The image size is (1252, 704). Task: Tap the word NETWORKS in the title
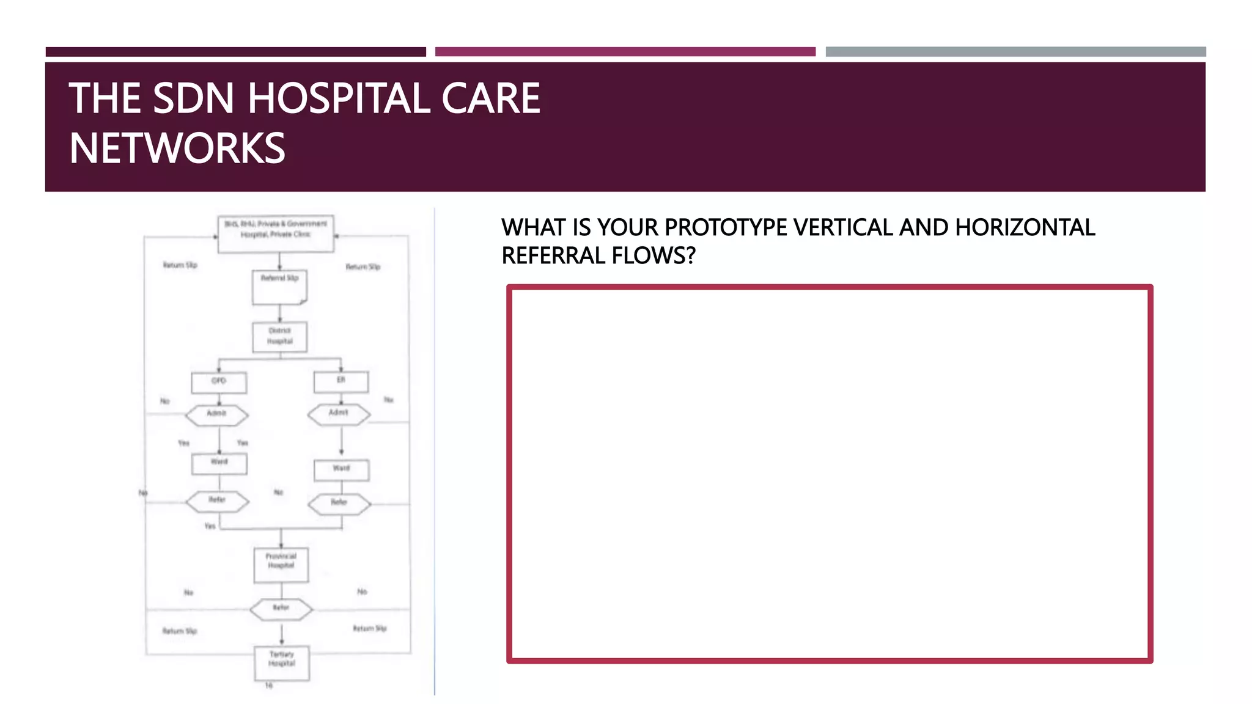click(x=177, y=148)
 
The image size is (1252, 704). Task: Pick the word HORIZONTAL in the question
click(x=1025, y=227)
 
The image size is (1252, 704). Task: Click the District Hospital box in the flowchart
click(x=280, y=337)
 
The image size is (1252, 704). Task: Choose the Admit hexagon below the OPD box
click(x=217, y=415)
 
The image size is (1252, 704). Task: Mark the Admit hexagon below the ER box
click(x=339, y=414)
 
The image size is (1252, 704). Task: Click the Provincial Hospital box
click(x=281, y=563)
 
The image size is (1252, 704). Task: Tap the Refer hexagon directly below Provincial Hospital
click(x=281, y=609)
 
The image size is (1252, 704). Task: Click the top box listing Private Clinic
click(x=276, y=233)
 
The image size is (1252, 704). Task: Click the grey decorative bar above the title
click(x=1015, y=52)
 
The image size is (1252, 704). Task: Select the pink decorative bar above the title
click(x=625, y=52)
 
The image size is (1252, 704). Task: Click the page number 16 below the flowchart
click(x=268, y=686)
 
